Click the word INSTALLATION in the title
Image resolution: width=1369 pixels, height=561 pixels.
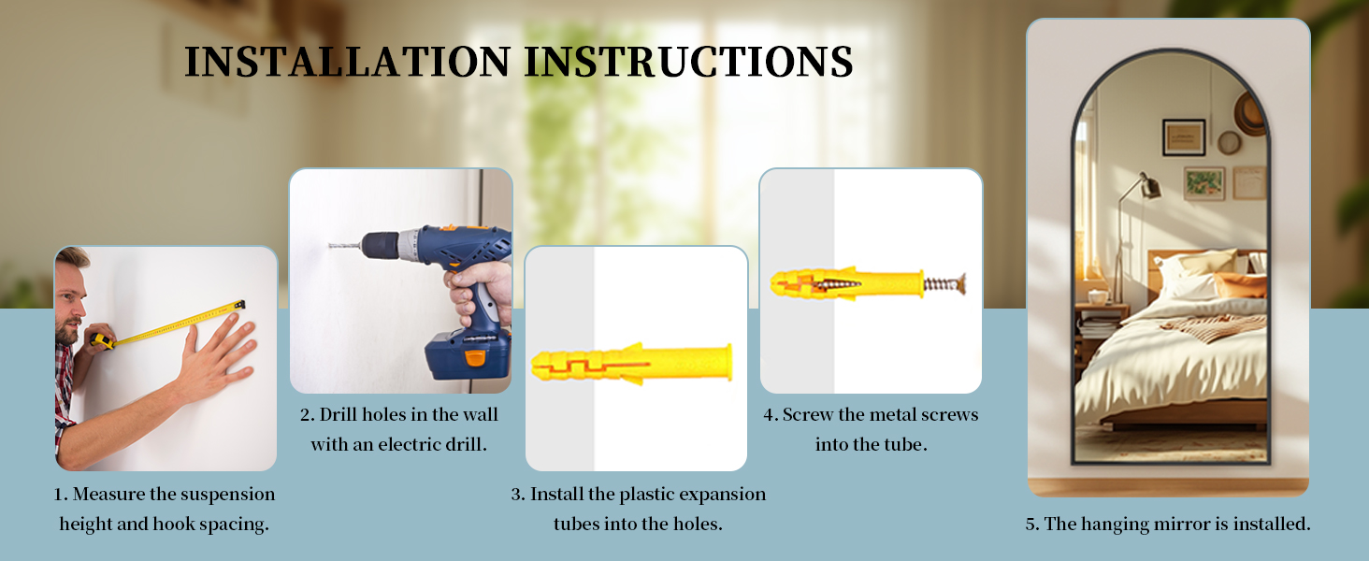[x=347, y=62]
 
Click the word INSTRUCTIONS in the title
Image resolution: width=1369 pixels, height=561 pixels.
[x=689, y=62]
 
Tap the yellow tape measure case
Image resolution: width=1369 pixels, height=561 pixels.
[x=101, y=341]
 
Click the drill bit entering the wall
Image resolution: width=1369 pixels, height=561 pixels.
[x=344, y=246]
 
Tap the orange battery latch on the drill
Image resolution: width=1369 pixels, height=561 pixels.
[x=475, y=358]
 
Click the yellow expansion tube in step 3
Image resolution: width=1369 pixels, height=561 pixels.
[x=631, y=365]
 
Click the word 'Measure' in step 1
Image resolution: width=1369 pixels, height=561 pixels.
[x=108, y=494]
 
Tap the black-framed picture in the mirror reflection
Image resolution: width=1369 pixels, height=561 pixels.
[x=1183, y=137]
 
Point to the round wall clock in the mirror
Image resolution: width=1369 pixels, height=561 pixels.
[x=1229, y=143]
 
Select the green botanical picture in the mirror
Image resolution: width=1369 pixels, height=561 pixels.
[x=1204, y=183]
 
